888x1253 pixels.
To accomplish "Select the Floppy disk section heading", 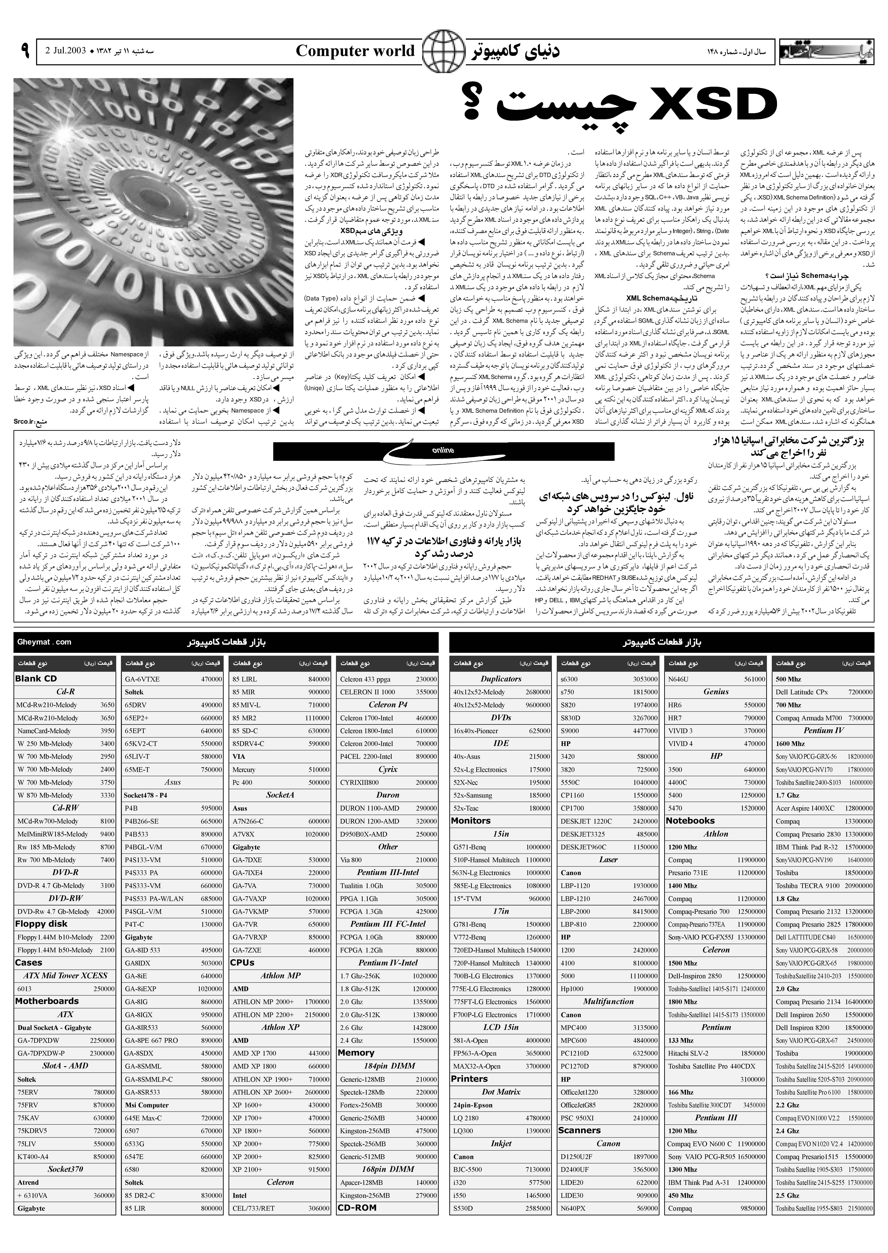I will [41, 924].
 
